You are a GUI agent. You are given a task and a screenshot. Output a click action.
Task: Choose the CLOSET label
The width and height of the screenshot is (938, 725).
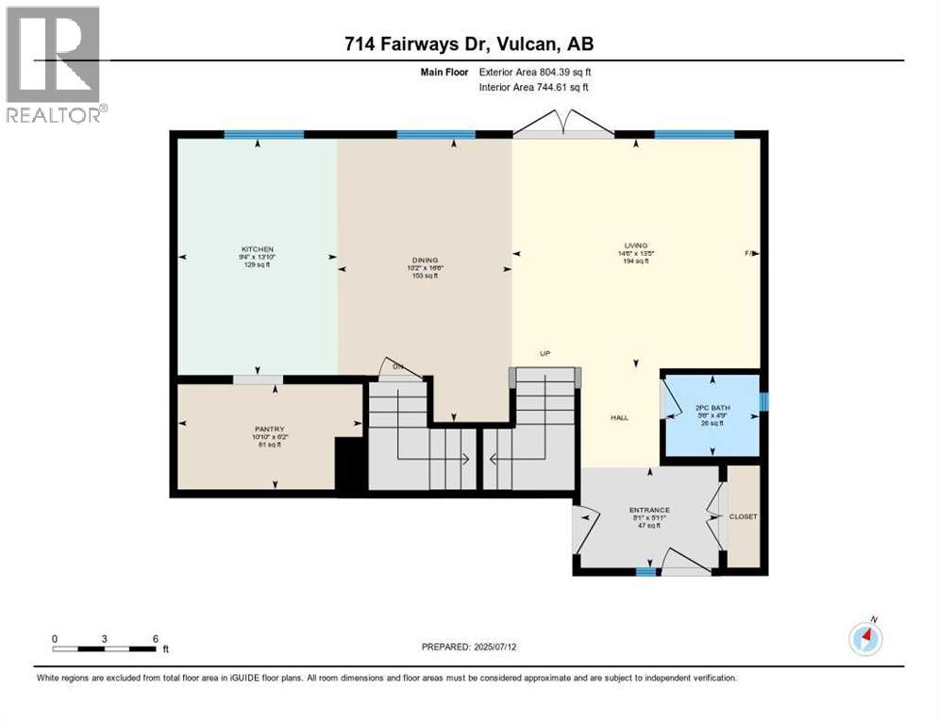click(x=744, y=517)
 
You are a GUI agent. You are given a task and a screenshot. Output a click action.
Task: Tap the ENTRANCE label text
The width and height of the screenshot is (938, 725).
click(x=648, y=511)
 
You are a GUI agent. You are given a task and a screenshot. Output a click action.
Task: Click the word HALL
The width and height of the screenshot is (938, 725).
click(x=619, y=417)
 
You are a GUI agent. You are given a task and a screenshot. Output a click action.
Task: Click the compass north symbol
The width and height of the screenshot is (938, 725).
click(x=865, y=639)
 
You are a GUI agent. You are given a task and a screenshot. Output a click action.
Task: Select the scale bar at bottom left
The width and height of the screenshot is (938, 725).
click(x=104, y=649)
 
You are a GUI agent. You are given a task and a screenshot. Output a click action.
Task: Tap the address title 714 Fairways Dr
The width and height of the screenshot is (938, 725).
click(x=468, y=43)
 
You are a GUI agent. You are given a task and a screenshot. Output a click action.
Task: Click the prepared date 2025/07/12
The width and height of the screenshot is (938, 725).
click(x=468, y=647)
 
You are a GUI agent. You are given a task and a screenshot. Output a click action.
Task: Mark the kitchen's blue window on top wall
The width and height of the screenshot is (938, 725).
click(x=263, y=135)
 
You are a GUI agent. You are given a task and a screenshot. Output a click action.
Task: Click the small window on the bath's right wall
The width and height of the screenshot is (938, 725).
click(x=763, y=403)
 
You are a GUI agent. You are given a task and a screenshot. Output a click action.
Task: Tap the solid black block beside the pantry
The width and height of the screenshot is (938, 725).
click(x=349, y=467)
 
